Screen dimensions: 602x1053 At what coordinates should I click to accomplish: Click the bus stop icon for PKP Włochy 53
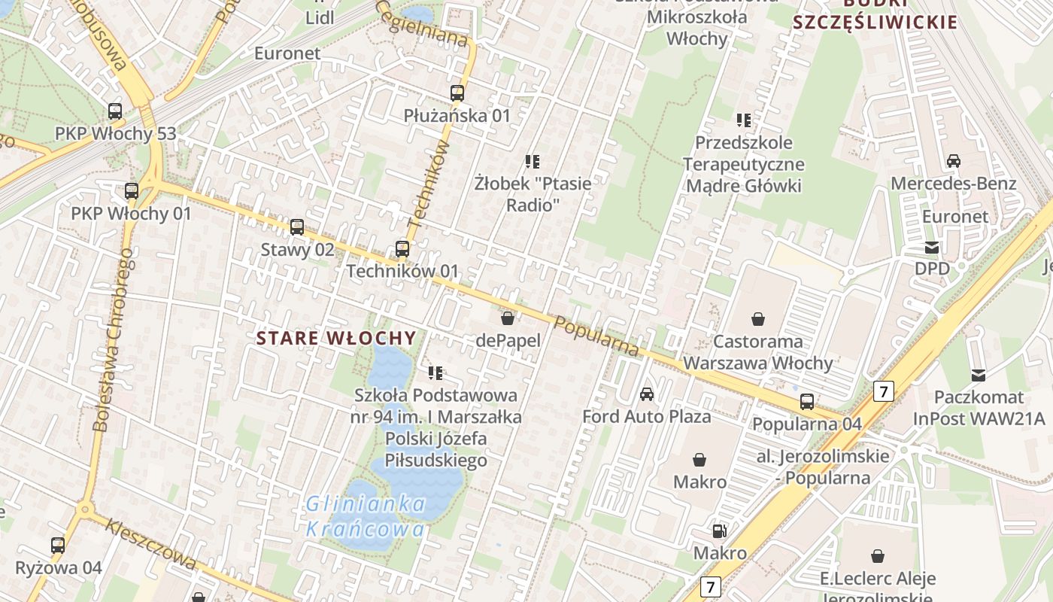click(115, 111)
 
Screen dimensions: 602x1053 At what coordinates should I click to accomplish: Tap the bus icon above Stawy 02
click(297, 227)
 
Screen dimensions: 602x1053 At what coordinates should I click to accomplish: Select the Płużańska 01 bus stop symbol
click(457, 93)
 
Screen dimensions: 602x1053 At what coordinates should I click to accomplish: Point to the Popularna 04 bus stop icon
click(807, 401)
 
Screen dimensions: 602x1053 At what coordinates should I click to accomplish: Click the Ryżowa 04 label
click(59, 567)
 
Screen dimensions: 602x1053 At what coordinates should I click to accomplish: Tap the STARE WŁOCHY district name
click(336, 338)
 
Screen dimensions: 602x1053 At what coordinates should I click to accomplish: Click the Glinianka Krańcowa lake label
click(366, 516)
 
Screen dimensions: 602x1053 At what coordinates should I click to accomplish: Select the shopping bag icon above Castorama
click(758, 319)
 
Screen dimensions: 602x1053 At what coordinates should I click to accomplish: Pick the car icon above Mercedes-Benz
click(954, 160)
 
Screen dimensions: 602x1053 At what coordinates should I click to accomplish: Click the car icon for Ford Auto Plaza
click(647, 394)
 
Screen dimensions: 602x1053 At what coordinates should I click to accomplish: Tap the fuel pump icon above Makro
click(720, 531)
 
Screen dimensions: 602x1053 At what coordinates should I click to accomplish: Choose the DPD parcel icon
click(932, 247)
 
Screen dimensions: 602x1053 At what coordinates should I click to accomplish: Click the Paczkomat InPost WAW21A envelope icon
click(979, 375)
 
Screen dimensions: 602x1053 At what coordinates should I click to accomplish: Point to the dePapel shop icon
click(508, 318)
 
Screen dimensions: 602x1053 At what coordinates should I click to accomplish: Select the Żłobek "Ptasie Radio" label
click(533, 193)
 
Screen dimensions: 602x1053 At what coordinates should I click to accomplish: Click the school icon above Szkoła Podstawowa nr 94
click(435, 372)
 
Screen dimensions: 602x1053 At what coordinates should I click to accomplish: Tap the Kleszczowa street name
click(151, 544)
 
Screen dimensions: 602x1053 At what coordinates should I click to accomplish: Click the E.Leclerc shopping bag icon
click(877, 556)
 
